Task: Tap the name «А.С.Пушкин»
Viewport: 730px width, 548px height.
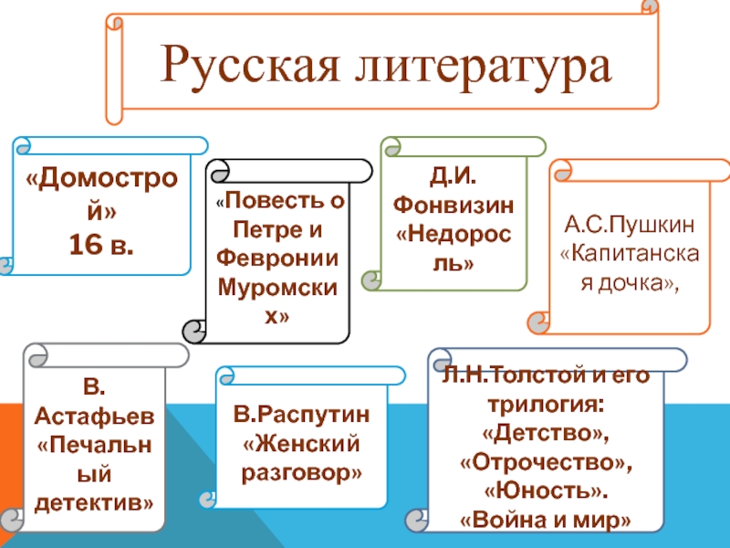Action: coord(630,225)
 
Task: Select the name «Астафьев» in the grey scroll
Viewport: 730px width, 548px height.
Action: coord(94,417)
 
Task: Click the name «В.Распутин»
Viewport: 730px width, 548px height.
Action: coord(301,417)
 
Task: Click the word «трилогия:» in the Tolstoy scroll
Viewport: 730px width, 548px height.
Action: coord(546,402)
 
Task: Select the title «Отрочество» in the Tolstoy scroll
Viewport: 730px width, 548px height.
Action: coord(546,460)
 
